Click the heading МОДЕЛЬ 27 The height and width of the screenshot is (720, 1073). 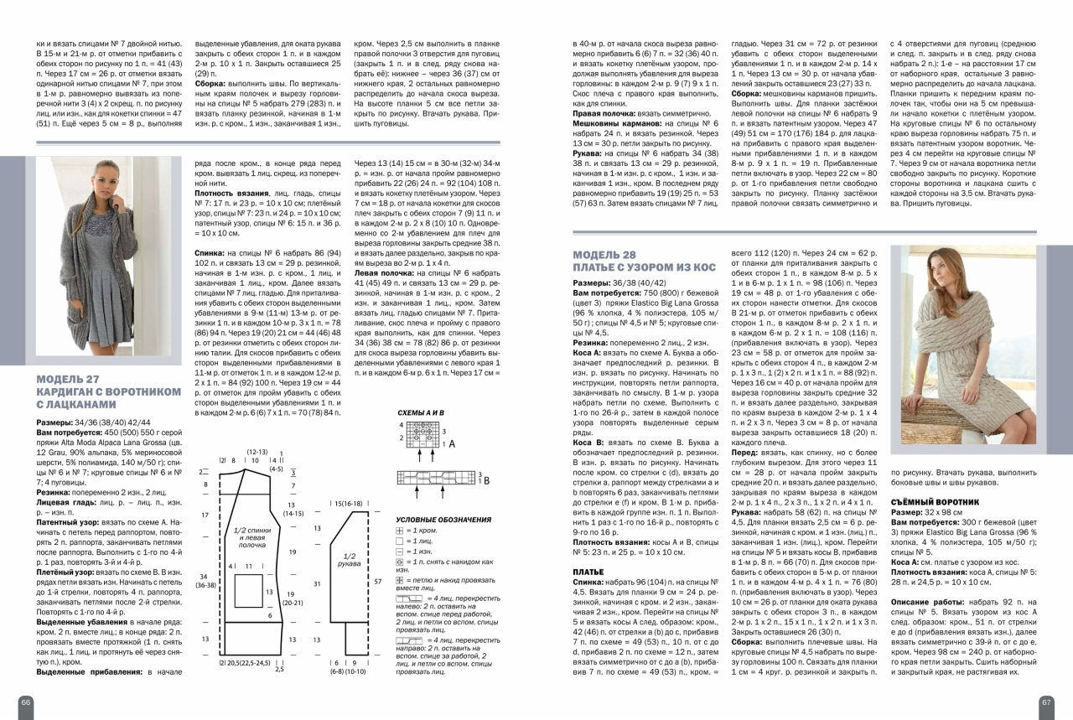[69, 376]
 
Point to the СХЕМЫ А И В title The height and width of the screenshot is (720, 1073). [420, 414]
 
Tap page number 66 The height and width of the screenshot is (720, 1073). [26, 702]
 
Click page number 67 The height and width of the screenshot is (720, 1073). [1046, 702]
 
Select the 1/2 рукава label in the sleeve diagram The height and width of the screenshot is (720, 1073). [350, 559]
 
